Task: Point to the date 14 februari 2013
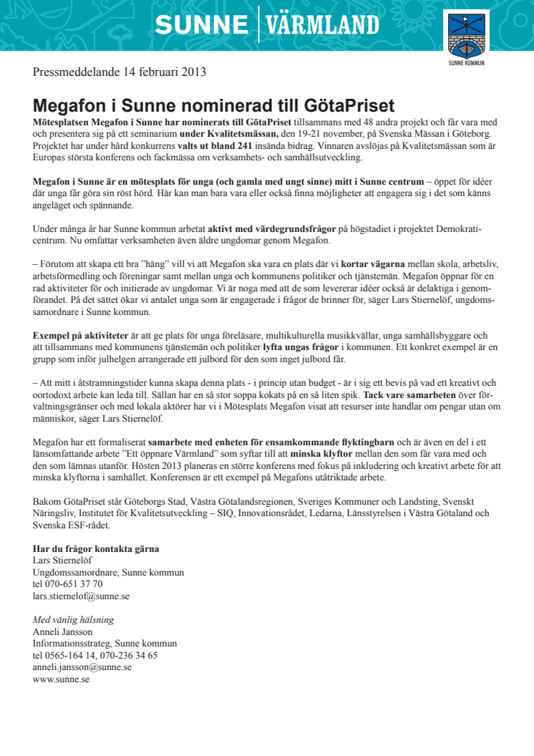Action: pyautogui.click(x=164, y=72)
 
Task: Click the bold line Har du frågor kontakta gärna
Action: pyautogui.click(x=96, y=549)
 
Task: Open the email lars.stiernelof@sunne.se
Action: pyautogui.click(x=81, y=595)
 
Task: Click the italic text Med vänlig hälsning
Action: pyautogui.click(x=73, y=620)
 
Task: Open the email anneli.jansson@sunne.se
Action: pyautogui.click(x=82, y=667)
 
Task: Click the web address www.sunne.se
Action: pyautogui.click(x=61, y=678)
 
